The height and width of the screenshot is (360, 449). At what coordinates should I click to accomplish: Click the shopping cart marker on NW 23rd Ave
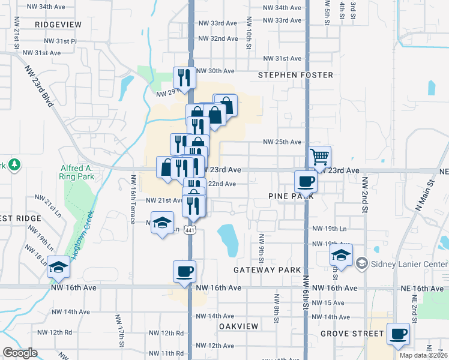click(x=320, y=157)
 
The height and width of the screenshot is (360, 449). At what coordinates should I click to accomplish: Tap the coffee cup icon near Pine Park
click(x=306, y=181)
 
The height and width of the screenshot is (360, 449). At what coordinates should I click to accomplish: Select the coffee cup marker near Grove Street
click(x=398, y=333)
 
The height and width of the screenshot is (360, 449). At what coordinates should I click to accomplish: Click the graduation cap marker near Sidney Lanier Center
click(x=341, y=256)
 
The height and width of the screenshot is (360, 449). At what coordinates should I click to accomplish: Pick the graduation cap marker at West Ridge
click(x=59, y=266)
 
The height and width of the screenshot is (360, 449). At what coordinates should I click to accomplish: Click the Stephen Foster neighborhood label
click(x=295, y=75)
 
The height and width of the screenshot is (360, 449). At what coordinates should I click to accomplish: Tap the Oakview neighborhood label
click(x=238, y=326)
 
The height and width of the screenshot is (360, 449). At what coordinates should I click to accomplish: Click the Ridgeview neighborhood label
click(x=58, y=24)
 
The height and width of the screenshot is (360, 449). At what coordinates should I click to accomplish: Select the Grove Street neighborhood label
click(x=352, y=333)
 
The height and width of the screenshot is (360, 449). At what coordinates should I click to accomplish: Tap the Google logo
click(x=20, y=353)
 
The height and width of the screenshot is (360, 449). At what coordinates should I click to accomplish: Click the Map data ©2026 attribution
click(x=423, y=355)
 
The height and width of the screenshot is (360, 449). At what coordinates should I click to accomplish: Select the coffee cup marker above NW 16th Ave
click(x=184, y=271)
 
